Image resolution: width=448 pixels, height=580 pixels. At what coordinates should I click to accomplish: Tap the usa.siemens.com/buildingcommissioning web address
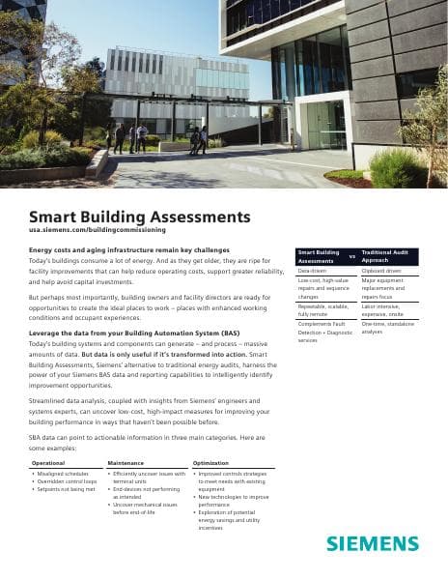[x=98, y=230]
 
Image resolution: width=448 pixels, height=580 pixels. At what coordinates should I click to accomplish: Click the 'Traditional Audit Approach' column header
[x=386, y=256]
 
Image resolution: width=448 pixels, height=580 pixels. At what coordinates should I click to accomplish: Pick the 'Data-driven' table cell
[x=312, y=271]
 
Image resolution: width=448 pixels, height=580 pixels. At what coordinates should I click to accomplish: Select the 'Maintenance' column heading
[x=126, y=463]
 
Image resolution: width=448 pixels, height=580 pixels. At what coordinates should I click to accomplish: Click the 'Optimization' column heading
[x=210, y=463]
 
